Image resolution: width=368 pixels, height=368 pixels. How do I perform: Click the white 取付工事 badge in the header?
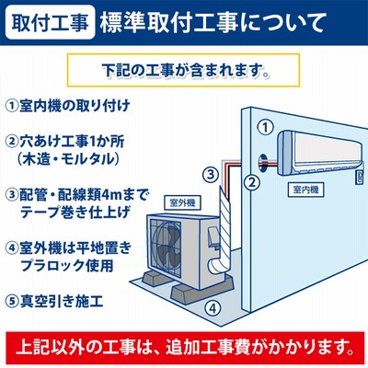(50, 22)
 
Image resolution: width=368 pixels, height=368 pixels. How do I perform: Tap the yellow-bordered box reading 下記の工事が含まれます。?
(183, 70)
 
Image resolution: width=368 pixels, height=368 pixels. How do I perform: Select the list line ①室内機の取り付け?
(68, 106)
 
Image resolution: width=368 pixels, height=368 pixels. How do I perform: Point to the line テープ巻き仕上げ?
(75, 213)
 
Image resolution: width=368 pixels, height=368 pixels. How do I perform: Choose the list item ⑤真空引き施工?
(54, 302)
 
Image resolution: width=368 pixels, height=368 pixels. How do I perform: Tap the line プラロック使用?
(67, 265)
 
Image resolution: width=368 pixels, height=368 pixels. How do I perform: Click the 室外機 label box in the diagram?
(182, 202)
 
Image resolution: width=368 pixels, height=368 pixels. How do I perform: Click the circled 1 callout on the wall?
(265, 127)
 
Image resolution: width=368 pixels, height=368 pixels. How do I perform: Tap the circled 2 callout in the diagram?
(251, 183)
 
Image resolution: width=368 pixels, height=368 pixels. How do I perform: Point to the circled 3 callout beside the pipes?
(211, 175)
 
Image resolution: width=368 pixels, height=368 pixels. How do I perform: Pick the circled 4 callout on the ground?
(213, 307)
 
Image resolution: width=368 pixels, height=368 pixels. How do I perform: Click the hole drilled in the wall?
(262, 162)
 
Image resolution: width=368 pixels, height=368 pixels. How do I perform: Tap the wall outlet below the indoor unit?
(359, 178)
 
